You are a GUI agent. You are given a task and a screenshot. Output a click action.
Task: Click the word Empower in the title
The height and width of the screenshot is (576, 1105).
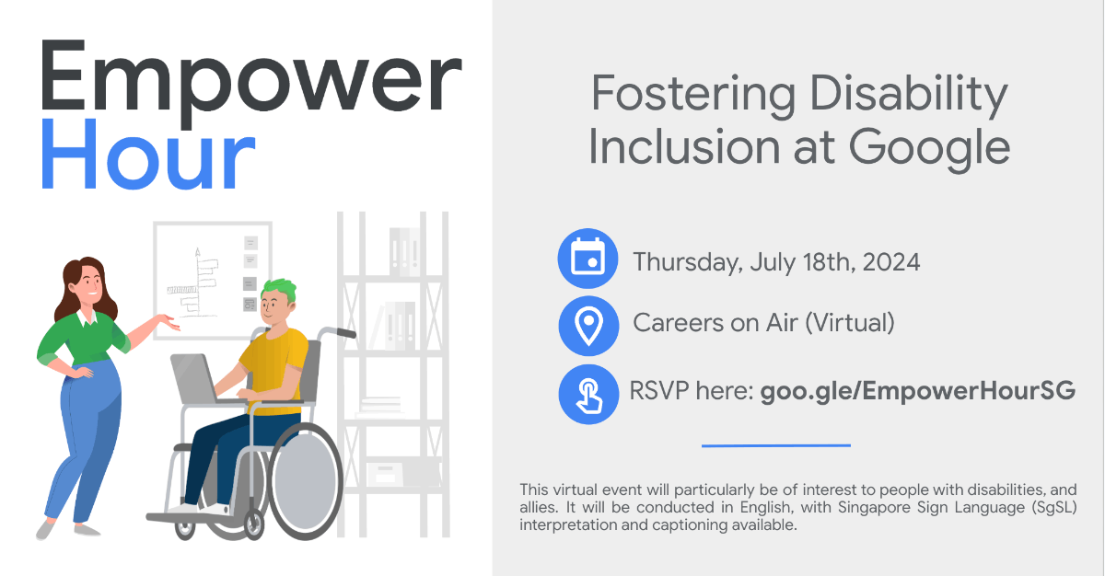[249, 83]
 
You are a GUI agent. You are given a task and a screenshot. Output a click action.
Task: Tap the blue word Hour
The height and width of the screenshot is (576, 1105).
[147, 158]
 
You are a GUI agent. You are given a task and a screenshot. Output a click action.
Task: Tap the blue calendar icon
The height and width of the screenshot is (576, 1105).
[587, 259]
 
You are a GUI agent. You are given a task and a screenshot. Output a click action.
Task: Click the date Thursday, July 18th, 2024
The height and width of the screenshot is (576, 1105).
[775, 262]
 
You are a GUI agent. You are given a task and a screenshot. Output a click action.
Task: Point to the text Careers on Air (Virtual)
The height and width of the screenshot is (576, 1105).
[763, 323]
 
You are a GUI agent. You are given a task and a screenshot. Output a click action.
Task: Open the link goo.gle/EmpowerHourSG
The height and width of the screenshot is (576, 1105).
[917, 390]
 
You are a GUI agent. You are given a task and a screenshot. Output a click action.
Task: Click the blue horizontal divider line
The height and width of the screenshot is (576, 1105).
[775, 445]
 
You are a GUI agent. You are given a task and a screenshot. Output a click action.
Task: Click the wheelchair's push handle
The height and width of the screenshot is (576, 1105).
[341, 332]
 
